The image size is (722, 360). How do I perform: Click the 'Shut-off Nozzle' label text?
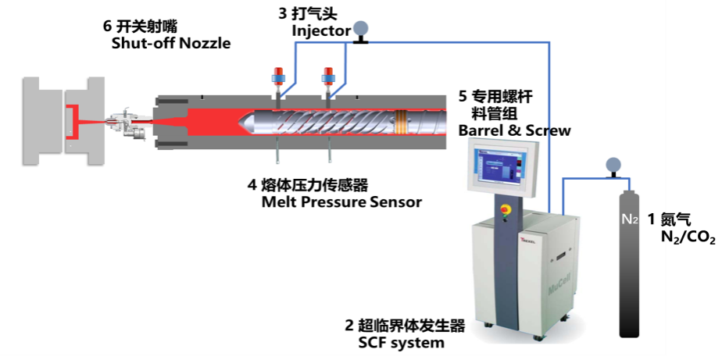click(171, 44)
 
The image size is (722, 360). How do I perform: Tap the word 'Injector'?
click(321, 31)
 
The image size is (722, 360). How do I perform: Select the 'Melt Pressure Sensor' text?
click(341, 201)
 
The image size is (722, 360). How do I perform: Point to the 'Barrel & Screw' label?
click(514, 130)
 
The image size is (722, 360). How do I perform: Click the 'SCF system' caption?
click(401, 343)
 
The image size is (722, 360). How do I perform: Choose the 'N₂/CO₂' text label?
click(688, 238)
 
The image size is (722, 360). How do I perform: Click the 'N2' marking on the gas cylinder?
click(630, 219)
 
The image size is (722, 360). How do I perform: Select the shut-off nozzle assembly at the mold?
click(128, 123)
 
